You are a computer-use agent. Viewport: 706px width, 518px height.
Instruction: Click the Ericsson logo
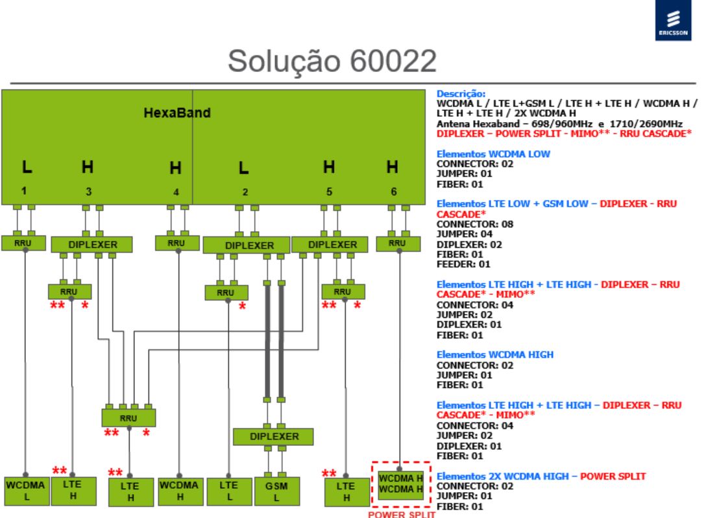click(673, 20)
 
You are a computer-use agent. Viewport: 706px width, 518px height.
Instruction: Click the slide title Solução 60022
click(332, 61)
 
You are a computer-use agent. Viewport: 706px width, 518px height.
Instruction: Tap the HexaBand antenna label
click(177, 112)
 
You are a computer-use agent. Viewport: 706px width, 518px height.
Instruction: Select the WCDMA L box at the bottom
click(26, 491)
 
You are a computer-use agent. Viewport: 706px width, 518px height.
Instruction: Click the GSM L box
click(276, 491)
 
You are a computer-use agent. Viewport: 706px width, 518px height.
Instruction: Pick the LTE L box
click(229, 491)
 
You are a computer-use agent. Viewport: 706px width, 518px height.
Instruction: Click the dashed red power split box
click(401, 484)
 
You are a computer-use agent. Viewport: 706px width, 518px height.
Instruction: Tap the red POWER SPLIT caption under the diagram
click(402, 514)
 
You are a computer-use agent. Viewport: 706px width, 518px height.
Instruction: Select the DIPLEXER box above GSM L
click(273, 436)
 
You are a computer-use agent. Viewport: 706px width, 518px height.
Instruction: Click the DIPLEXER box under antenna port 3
click(92, 245)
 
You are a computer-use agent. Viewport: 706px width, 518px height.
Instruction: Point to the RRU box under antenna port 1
click(23, 243)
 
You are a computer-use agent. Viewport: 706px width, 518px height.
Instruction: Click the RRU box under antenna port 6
click(398, 243)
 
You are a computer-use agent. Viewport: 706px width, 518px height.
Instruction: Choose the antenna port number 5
click(329, 192)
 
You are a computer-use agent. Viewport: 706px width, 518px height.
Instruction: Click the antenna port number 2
click(245, 192)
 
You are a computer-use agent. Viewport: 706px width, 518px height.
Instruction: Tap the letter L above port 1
click(27, 167)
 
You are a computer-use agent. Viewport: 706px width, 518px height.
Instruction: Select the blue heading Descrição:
click(461, 94)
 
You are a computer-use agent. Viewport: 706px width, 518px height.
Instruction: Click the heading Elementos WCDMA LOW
click(493, 154)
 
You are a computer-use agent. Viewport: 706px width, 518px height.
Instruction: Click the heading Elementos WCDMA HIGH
click(495, 355)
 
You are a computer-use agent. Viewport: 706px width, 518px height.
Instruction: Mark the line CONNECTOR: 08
click(475, 225)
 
